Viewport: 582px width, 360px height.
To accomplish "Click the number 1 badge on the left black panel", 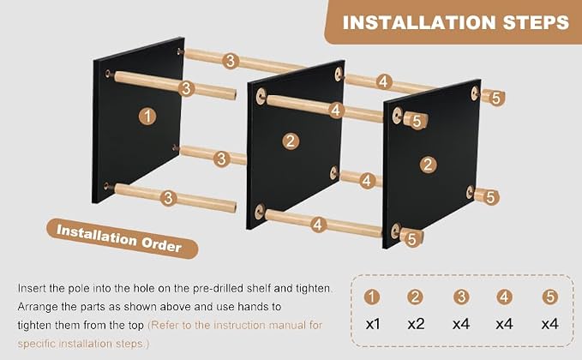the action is [x=147, y=117].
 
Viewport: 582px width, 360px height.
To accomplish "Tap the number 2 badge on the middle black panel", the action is [x=291, y=141].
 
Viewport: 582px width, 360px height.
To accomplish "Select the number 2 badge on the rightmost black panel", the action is [x=428, y=165].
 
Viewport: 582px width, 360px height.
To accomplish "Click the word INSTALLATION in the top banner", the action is [x=419, y=22].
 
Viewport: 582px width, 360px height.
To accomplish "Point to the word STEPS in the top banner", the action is [x=536, y=22].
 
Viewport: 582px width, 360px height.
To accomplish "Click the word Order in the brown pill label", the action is [x=161, y=243].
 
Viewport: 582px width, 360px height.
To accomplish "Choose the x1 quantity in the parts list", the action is [x=373, y=324].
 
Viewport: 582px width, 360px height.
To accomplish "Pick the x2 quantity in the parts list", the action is [x=416, y=324].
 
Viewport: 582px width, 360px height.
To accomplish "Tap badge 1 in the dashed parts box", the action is [x=372, y=297].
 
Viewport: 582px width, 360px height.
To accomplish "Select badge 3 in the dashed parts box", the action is [x=461, y=297].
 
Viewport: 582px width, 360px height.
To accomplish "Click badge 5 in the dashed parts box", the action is [x=550, y=297].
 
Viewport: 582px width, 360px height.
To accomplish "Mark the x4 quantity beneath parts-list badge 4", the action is [x=504, y=324].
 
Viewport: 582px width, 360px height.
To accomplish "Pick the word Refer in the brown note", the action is [x=163, y=325].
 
